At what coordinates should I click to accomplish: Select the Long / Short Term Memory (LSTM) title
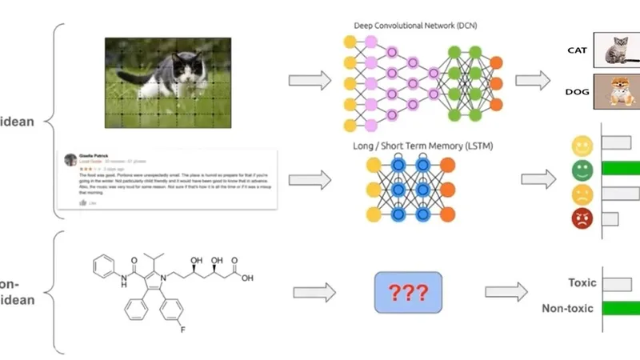click(x=411, y=146)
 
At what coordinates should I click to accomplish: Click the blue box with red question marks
click(x=408, y=292)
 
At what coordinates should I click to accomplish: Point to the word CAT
click(x=579, y=50)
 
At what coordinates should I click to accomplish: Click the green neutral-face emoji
click(x=582, y=170)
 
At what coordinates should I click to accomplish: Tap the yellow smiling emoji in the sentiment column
click(x=582, y=146)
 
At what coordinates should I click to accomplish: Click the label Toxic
click(x=582, y=282)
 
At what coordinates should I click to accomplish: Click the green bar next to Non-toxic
click(x=620, y=308)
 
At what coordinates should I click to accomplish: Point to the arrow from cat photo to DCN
click(x=310, y=80)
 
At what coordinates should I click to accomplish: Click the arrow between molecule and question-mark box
click(x=313, y=292)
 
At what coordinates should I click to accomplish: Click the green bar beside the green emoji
click(x=620, y=169)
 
